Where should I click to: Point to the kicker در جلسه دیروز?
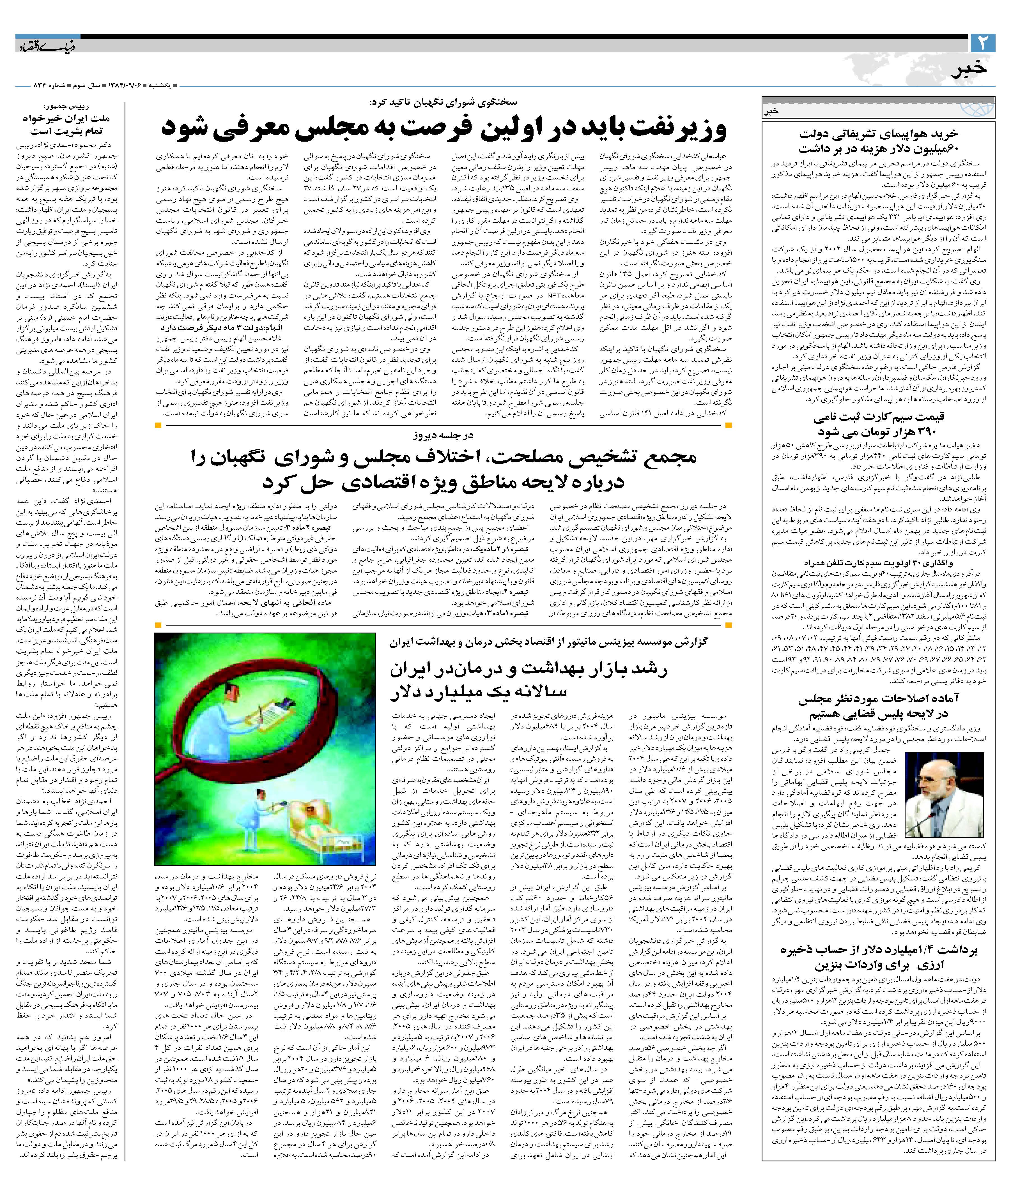[x=444, y=435]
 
